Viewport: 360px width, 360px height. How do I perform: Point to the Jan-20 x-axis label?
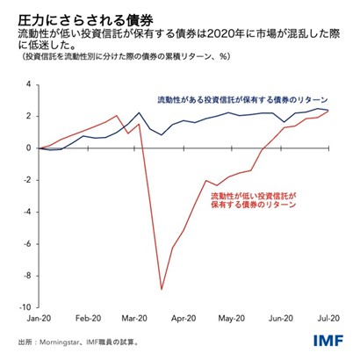(41, 321)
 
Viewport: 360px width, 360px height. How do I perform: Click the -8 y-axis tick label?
(26, 276)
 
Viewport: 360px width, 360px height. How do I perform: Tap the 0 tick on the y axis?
(28, 148)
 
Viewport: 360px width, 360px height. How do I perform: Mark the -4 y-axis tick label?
(26, 212)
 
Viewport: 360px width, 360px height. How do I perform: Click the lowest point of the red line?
(161, 289)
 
